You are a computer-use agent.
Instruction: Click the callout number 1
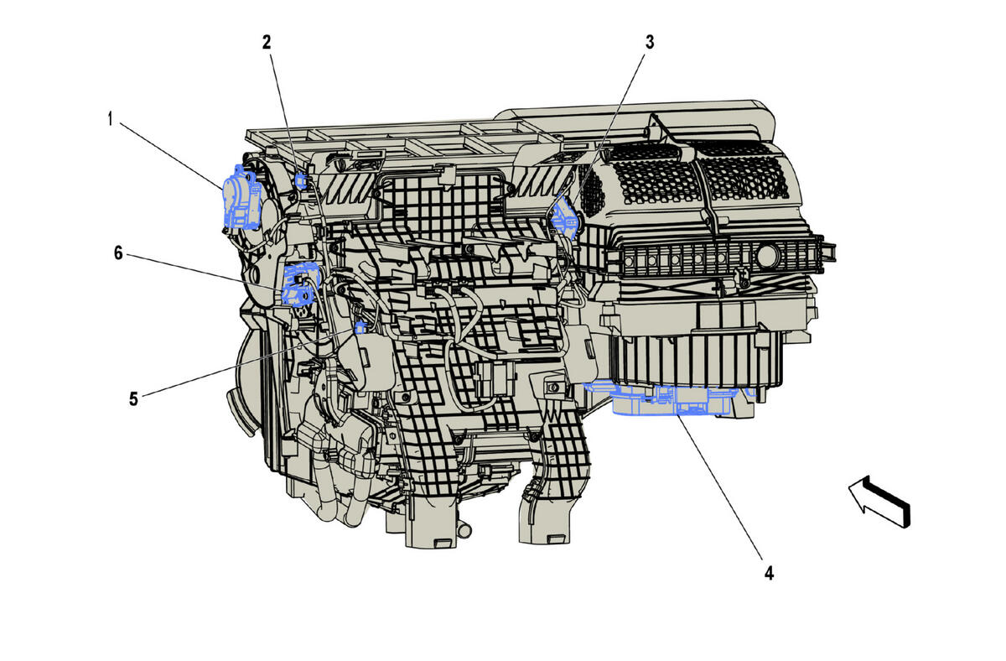(110, 119)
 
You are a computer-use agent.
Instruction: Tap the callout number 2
(267, 42)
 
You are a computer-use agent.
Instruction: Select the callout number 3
(650, 42)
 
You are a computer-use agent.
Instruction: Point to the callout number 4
(769, 574)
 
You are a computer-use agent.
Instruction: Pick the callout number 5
(133, 398)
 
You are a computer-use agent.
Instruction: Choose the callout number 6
(118, 252)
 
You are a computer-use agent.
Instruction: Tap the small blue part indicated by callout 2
(301, 180)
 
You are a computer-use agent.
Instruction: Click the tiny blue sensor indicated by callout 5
(361, 326)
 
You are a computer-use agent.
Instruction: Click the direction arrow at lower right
(879, 501)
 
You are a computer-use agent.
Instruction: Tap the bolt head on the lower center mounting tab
(553, 388)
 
